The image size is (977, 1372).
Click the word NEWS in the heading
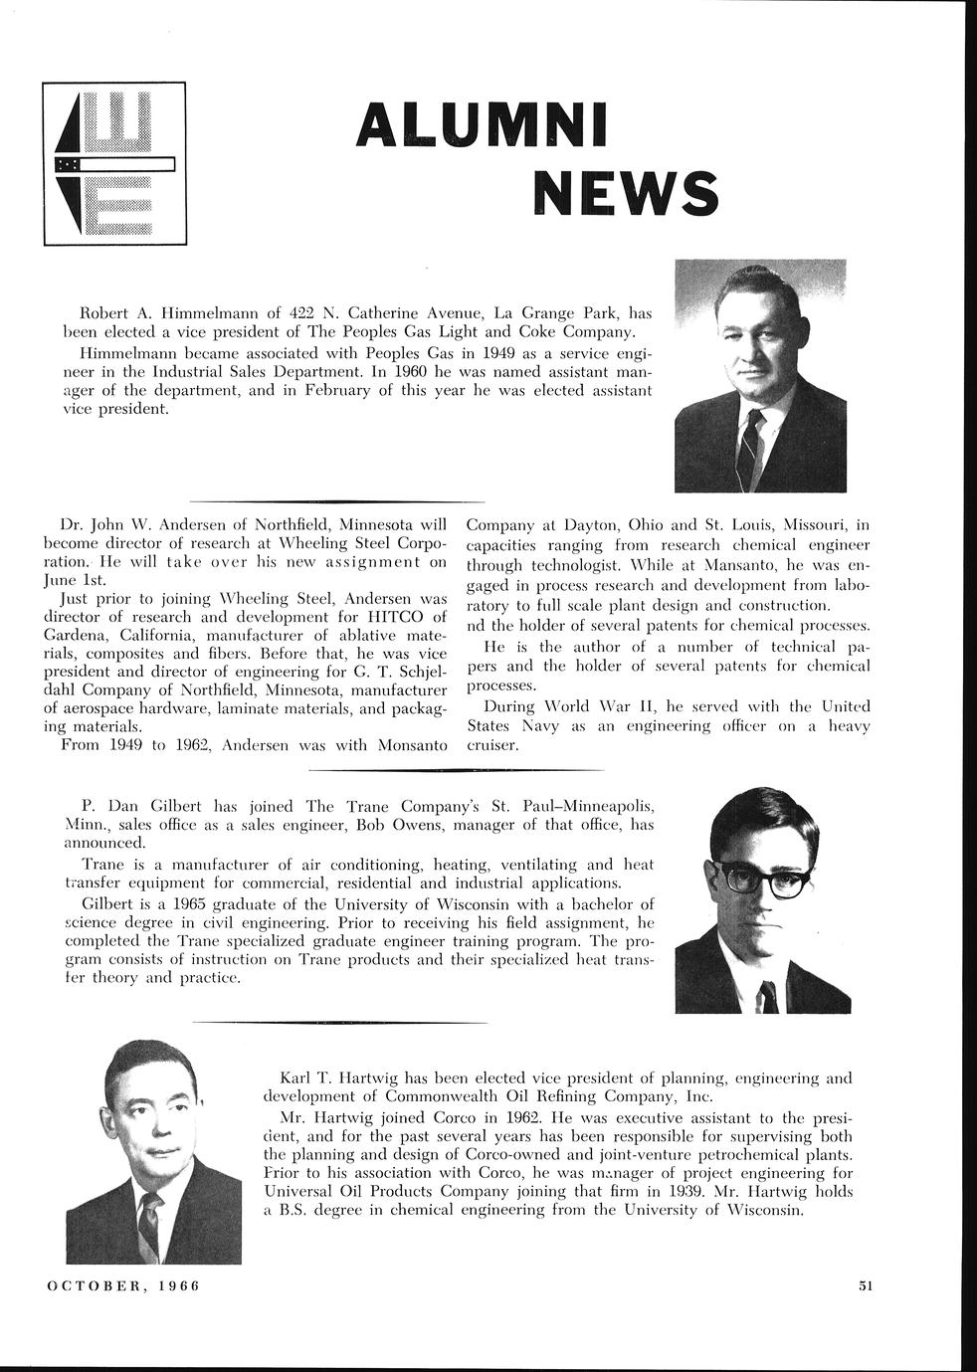[x=624, y=190]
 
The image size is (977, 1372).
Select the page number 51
[x=865, y=1285]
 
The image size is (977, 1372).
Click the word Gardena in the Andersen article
[x=77, y=636]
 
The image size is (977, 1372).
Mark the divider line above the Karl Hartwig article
[x=339, y=1022]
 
